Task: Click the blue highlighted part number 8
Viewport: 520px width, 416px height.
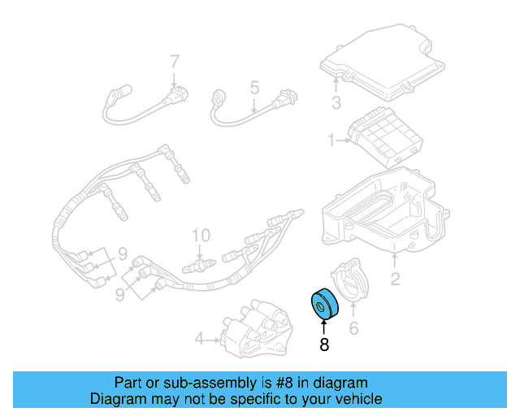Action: click(x=323, y=305)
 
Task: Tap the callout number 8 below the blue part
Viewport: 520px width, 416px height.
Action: click(x=323, y=344)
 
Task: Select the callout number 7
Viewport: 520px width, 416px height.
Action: click(x=174, y=61)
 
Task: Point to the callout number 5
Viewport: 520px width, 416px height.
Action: click(x=253, y=86)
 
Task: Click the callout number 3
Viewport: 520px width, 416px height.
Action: click(x=336, y=102)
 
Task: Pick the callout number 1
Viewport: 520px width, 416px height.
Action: click(x=331, y=141)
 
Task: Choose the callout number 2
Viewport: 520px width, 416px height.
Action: click(x=395, y=280)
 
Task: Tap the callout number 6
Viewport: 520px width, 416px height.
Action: click(x=353, y=328)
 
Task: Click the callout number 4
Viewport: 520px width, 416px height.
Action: click(x=199, y=337)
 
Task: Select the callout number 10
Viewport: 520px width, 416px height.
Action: click(x=201, y=236)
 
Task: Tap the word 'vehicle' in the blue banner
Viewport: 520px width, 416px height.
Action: click(x=356, y=399)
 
